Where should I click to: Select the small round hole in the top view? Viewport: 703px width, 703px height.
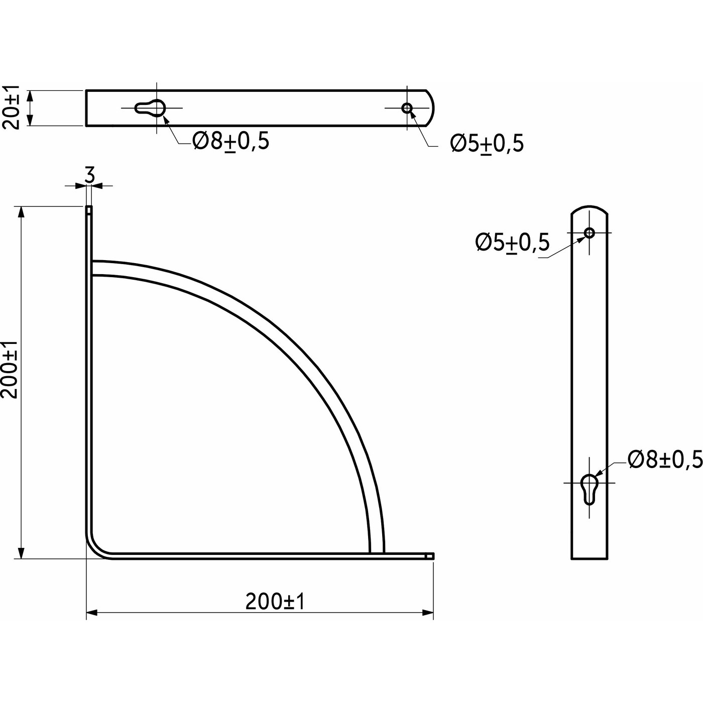(407, 107)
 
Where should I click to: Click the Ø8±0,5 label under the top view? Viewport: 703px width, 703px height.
(231, 142)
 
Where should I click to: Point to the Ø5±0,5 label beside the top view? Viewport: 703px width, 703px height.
(487, 144)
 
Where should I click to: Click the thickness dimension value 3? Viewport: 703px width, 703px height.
(89, 175)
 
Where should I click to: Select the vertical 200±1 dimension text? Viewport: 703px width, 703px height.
(10, 369)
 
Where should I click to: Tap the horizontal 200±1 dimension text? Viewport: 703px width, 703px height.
(275, 602)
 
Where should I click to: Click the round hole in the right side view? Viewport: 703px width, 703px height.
(590, 232)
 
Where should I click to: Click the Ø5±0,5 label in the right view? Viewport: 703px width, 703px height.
(513, 243)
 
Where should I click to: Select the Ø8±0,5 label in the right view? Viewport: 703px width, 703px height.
(664, 459)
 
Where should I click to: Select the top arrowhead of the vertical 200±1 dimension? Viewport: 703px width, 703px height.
(21, 211)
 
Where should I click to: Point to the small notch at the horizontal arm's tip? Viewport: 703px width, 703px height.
(429, 555)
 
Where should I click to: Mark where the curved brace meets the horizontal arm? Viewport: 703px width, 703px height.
(377, 553)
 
